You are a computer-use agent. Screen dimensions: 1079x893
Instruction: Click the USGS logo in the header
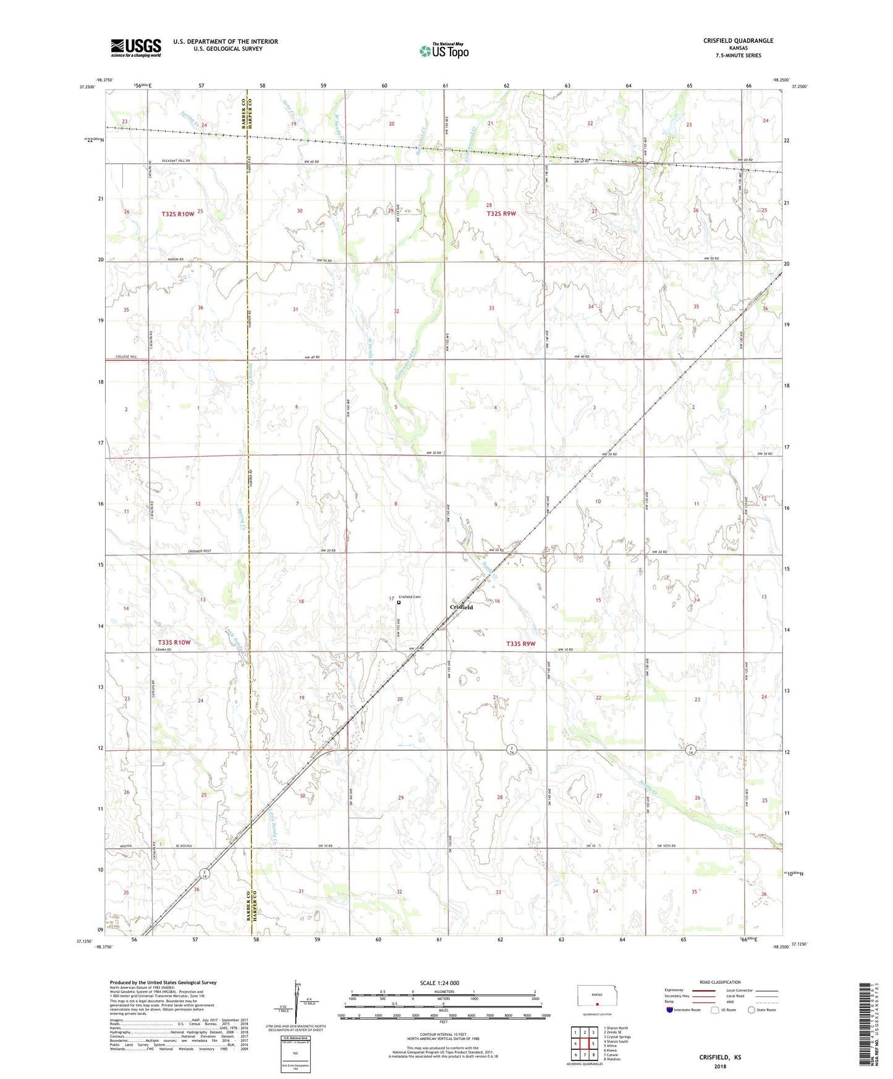[136, 48]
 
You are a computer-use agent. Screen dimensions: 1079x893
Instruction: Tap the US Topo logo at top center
[443, 51]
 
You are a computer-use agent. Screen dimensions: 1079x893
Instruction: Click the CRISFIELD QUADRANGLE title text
[738, 41]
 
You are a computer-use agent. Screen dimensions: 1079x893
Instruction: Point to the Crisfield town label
[461, 607]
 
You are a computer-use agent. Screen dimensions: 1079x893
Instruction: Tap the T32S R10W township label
[178, 214]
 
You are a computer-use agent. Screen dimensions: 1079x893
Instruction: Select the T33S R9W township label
[520, 643]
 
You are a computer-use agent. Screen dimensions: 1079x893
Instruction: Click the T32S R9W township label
[501, 213]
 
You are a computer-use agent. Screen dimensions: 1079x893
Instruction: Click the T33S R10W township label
[174, 642]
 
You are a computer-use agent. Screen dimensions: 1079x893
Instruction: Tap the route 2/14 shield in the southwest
[205, 873]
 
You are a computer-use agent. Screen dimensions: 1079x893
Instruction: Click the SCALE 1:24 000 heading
[439, 983]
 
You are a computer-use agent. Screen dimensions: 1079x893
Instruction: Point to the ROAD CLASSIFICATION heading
[720, 982]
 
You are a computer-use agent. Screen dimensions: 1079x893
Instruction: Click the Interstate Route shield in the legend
[670, 1010]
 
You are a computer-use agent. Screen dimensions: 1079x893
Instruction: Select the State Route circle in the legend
[751, 1010]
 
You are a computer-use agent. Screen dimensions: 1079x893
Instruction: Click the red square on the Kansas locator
[597, 1004]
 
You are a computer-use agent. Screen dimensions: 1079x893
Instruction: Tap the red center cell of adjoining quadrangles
[585, 1044]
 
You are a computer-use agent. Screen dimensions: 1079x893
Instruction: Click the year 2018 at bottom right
[720, 1066]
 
